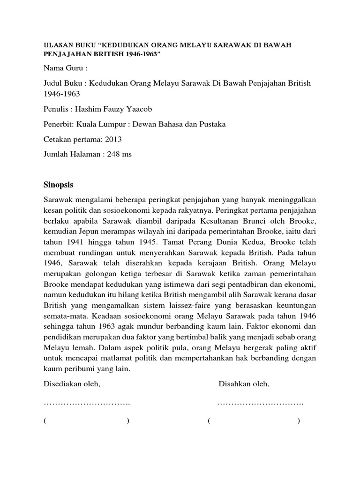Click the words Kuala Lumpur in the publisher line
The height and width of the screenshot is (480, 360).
click(x=101, y=124)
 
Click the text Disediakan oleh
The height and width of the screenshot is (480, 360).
click(x=72, y=384)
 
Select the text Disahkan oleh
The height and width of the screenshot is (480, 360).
click(x=244, y=384)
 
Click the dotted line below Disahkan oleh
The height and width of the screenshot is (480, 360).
click(x=260, y=403)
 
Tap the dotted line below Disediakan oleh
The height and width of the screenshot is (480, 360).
click(x=87, y=403)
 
